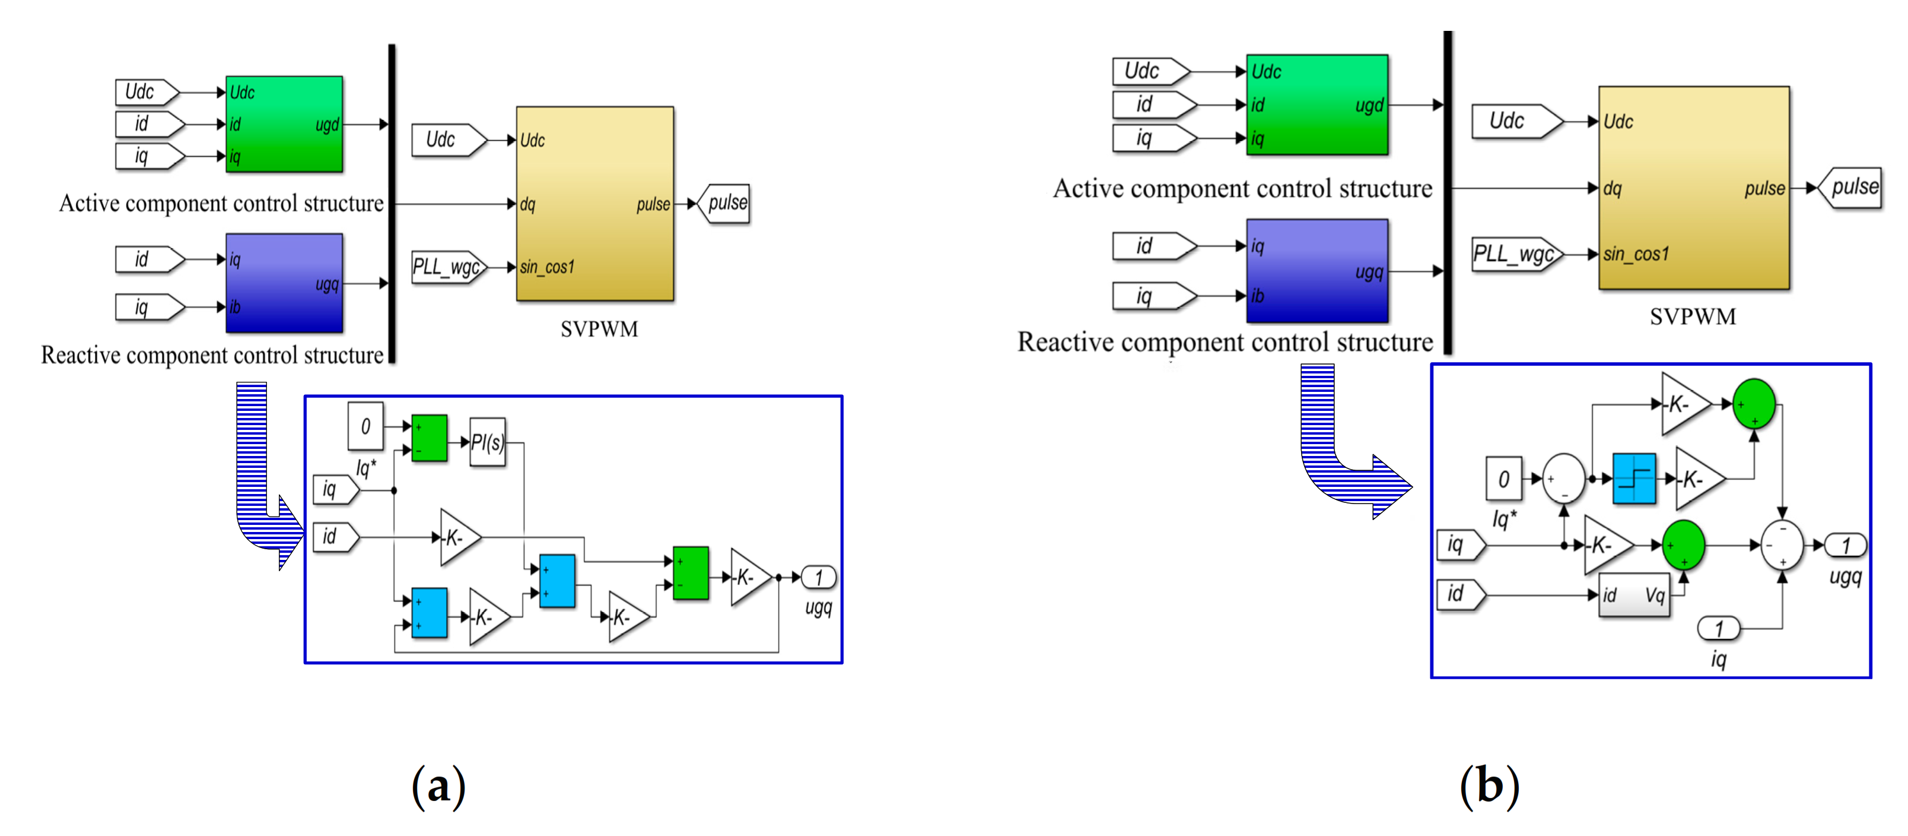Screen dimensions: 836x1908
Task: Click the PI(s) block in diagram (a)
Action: [487, 442]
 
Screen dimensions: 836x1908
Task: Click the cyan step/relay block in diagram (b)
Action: [1634, 478]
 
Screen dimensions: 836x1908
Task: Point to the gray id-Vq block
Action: [1634, 595]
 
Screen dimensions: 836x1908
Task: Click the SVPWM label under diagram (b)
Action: [1693, 317]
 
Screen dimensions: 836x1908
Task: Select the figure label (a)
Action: [438, 786]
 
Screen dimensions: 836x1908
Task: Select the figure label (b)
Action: [1489, 786]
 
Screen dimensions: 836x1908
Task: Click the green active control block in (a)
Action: [284, 123]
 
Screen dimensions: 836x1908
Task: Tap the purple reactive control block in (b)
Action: [1316, 271]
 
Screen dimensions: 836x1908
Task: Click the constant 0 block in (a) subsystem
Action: [365, 426]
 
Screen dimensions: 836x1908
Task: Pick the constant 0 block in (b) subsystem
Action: [1503, 479]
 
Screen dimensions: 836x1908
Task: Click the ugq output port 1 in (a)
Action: [819, 577]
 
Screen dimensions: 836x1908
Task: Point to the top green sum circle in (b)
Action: [1753, 404]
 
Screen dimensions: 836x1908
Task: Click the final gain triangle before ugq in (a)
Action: [749, 577]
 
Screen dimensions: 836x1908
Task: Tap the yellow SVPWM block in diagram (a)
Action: [595, 204]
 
